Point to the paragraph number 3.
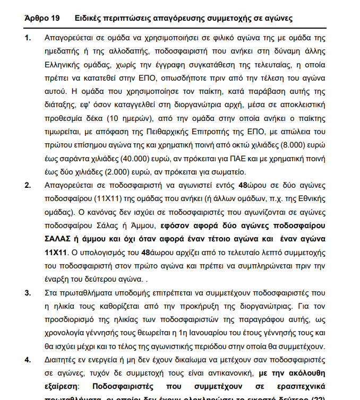pyautogui.click(x=28, y=292)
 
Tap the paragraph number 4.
pyautogui.click(x=28, y=360)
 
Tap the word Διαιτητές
pyautogui.click(x=63, y=360)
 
